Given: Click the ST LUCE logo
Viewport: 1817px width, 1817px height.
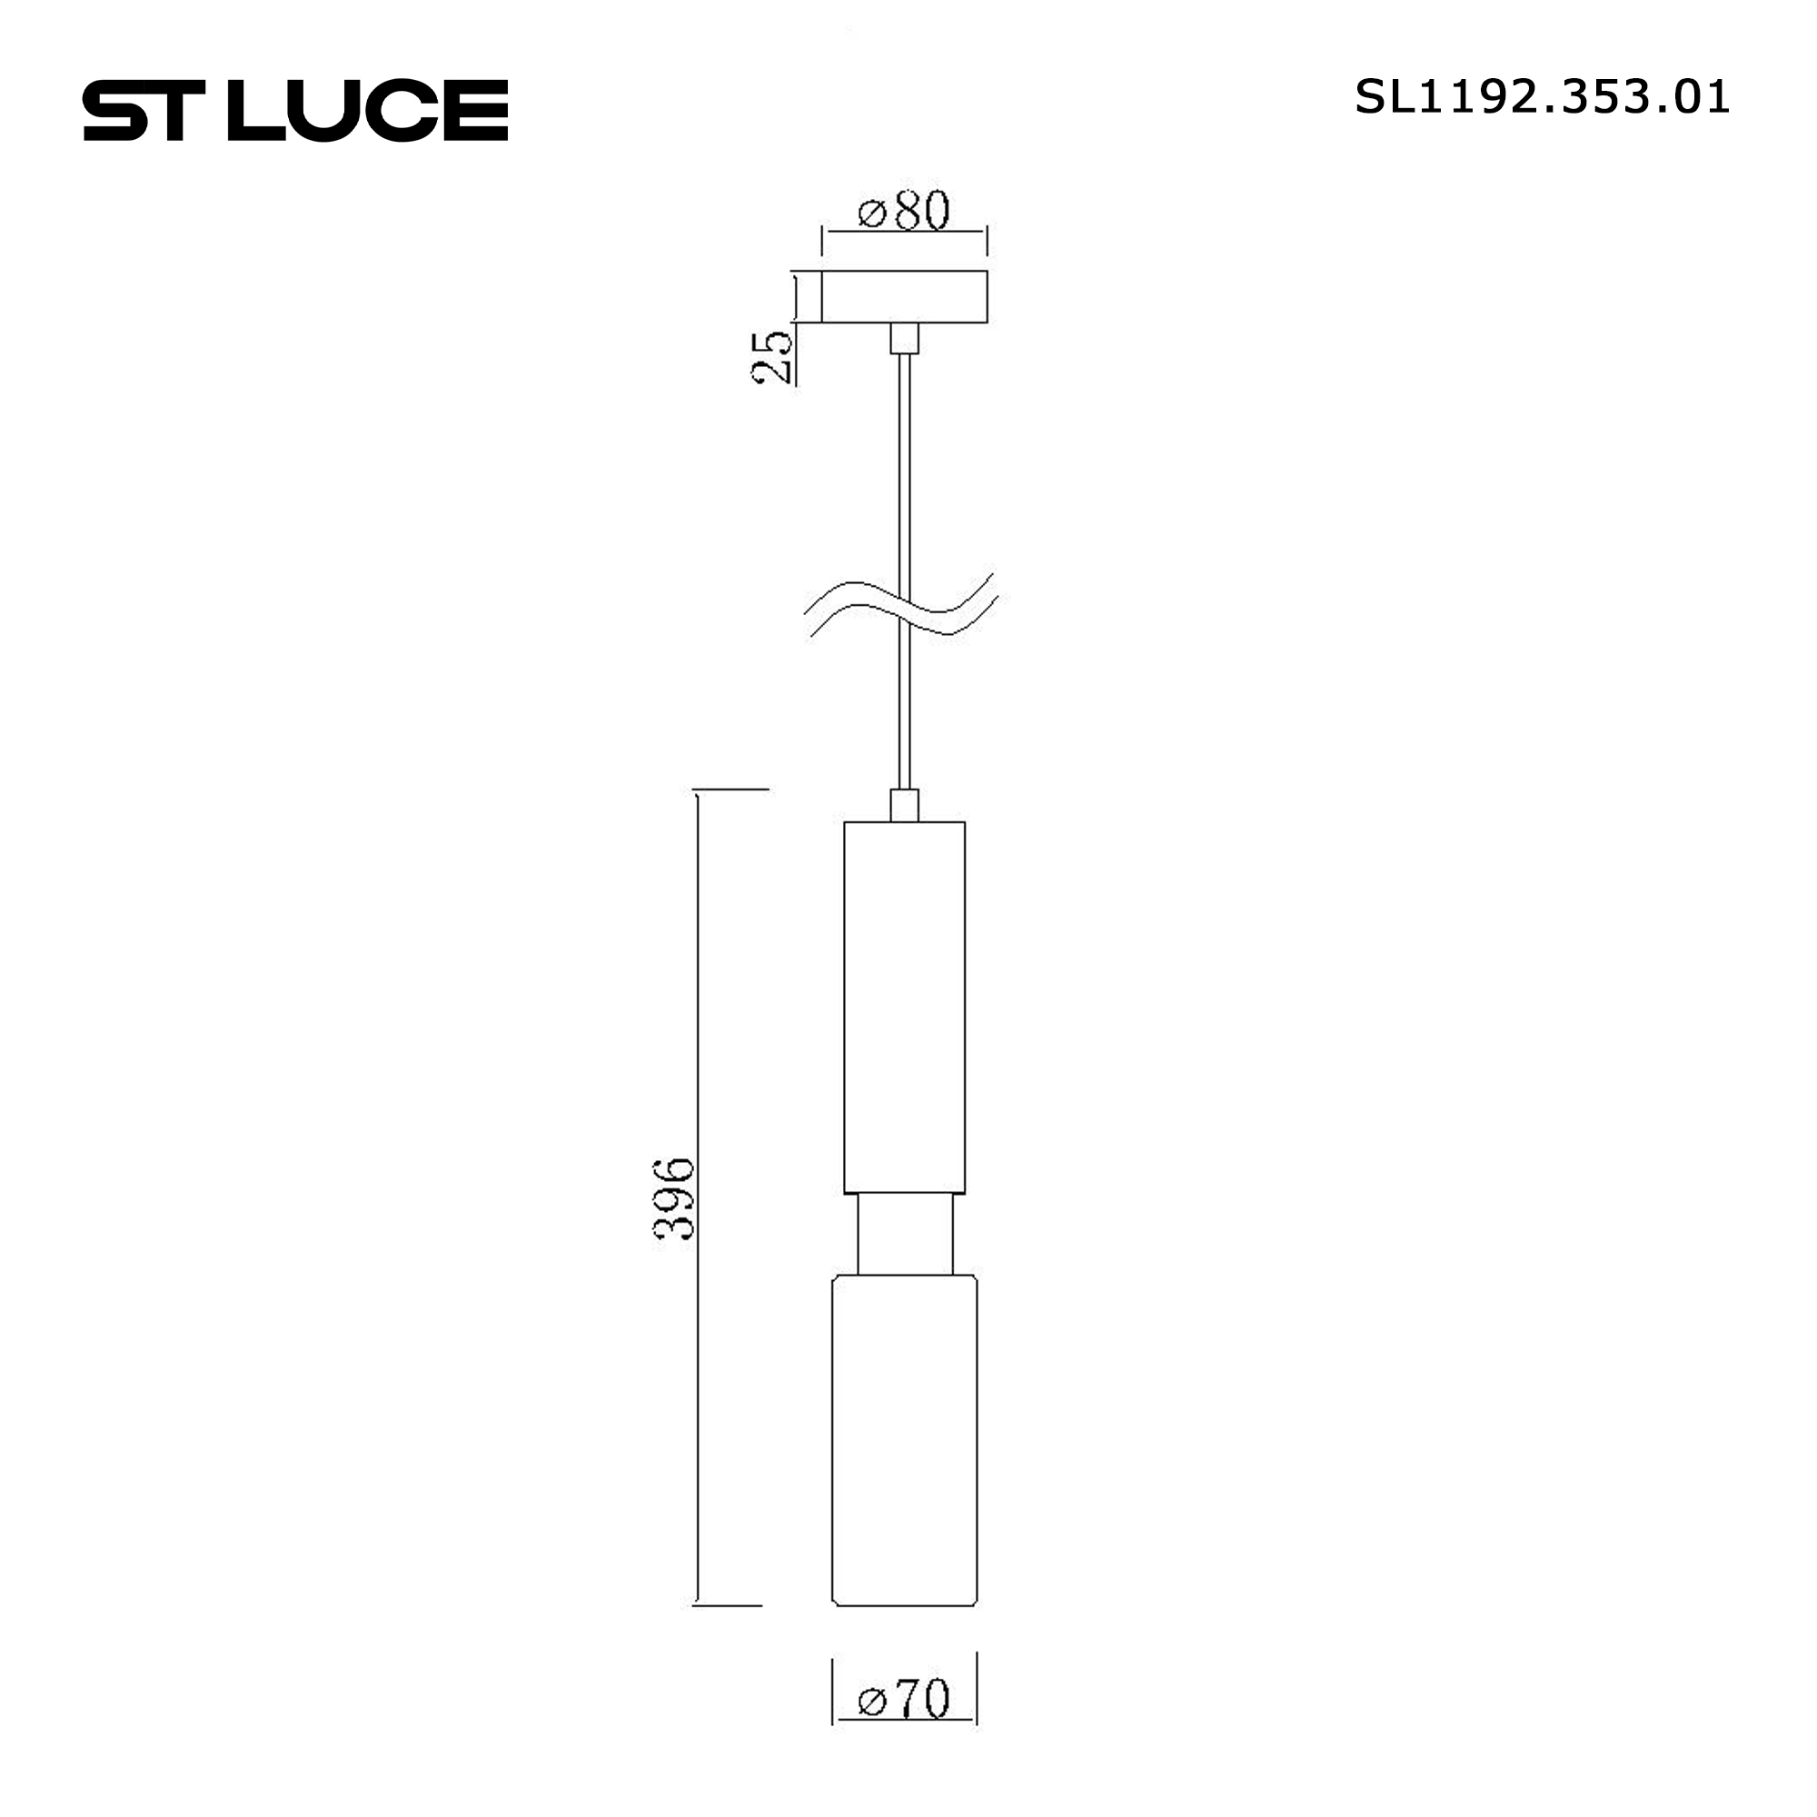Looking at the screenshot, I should point(295,110).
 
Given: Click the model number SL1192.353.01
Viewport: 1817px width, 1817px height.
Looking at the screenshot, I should point(1542,98).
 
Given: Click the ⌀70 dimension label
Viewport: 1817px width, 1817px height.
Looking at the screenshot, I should point(904,1724).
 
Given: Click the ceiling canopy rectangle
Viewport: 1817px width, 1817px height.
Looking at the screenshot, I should point(904,296).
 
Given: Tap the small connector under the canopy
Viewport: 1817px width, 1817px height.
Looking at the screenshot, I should point(904,338).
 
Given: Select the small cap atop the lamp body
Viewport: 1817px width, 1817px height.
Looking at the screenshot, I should point(904,805).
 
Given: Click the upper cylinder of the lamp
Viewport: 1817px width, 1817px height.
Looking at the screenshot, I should point(904,1007).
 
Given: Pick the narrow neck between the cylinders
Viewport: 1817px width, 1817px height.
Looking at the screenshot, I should point(904,1234).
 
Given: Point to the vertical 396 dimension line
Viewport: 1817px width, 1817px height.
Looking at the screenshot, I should point(697,1035).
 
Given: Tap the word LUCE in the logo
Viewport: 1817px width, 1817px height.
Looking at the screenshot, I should point(368,110).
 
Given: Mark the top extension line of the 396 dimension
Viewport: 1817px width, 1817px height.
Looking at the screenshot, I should point(731,789).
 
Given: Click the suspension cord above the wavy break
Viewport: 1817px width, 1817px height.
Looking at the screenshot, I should point(904,471).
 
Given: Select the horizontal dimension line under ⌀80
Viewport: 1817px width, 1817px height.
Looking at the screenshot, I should point(904,230).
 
